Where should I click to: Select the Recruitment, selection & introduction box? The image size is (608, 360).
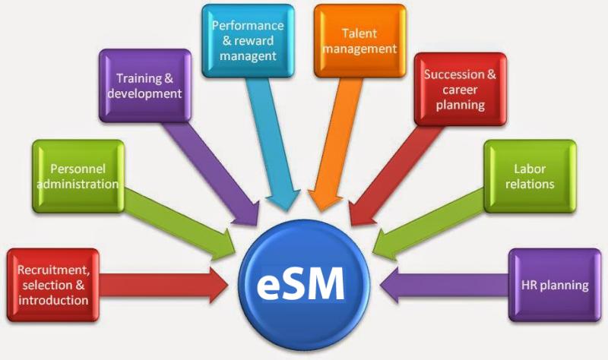53,285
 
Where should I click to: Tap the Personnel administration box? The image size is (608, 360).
78,176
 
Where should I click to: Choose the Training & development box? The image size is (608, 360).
145,86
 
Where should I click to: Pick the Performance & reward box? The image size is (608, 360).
248,41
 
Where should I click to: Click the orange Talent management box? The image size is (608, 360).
359,41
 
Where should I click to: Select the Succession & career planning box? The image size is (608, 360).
461,89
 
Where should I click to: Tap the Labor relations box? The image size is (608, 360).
530,176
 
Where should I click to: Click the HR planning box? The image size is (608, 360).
555,285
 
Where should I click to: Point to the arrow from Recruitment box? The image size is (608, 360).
163,286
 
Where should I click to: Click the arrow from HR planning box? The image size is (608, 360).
445,286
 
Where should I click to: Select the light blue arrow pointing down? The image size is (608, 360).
273,144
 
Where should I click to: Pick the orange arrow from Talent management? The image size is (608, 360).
336,144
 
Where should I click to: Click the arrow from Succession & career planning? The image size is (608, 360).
395,175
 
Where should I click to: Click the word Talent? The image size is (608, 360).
359,33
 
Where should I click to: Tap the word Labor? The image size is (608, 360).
530,169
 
